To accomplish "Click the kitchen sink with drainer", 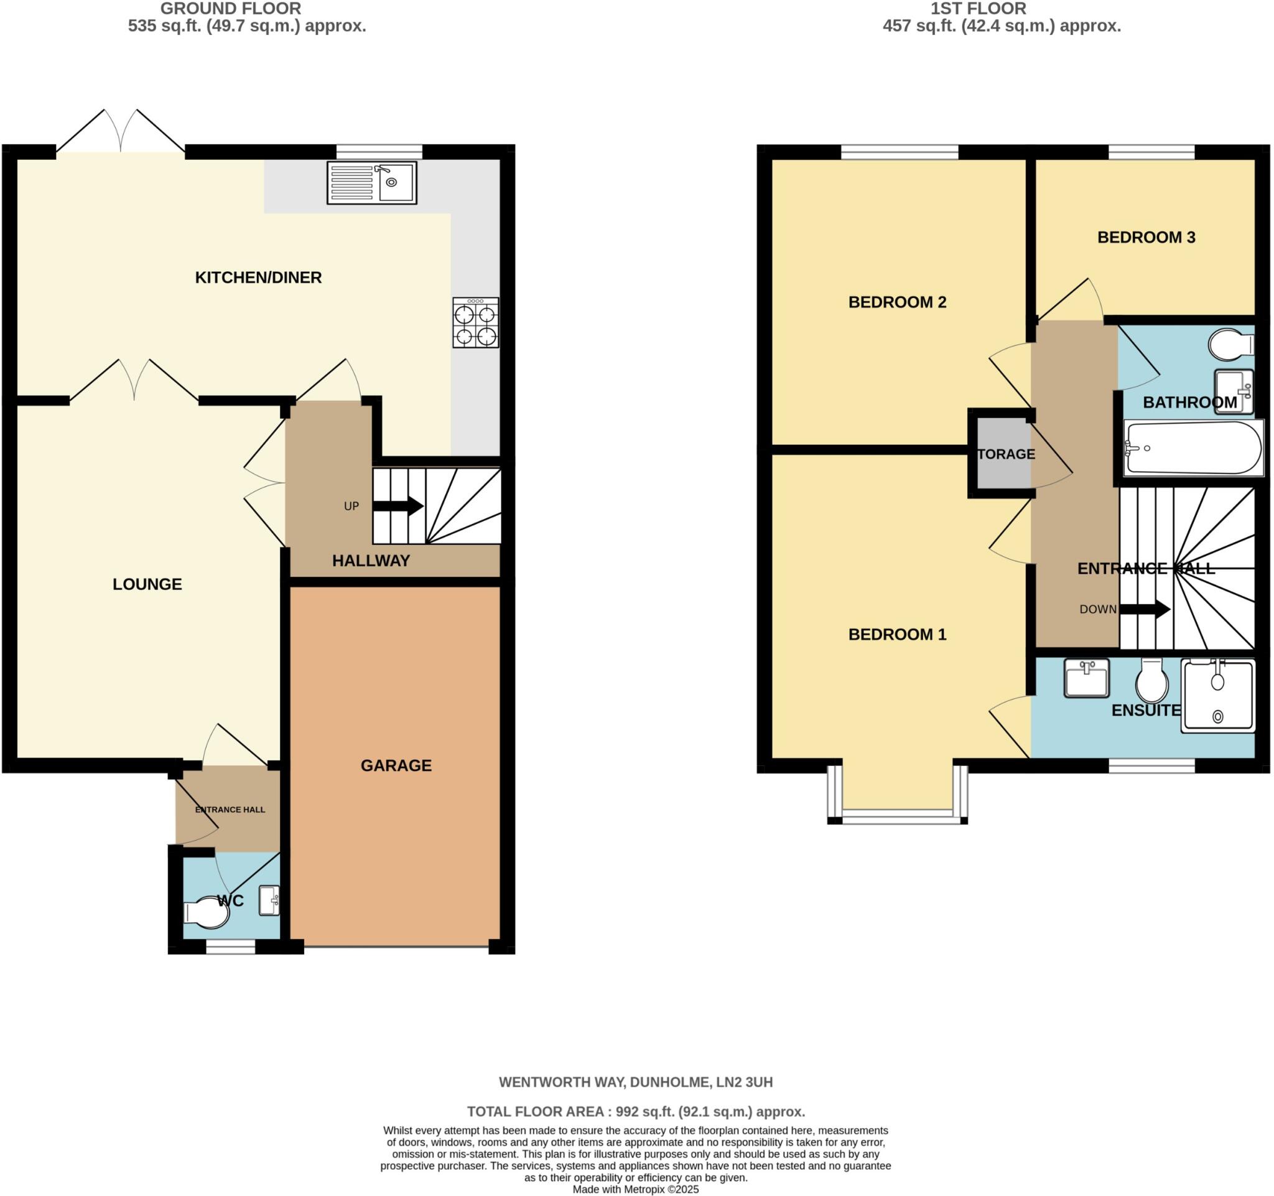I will [x=372, y=183].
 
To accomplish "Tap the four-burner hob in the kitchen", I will [x=475, y=323].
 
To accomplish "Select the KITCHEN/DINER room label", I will [x=258, y=278].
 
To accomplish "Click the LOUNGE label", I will [x=147, y=584].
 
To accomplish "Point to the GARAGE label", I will [x=396, y=765].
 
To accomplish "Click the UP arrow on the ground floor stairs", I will [x=398, y=507].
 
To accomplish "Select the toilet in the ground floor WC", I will [x=207, y=913].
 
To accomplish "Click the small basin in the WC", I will [x=269, y=900].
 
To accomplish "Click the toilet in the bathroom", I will [x=1230, y=345].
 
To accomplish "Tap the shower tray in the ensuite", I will [x=1217, y=696].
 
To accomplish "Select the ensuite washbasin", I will [x=1086, y=678].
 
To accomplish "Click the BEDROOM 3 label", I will [x=1146, y=237].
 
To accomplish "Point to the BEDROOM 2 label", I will [x=897, y=302].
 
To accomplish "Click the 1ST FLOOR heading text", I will [x=979, y=8].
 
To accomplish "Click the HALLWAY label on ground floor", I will [x=371, y=561].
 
